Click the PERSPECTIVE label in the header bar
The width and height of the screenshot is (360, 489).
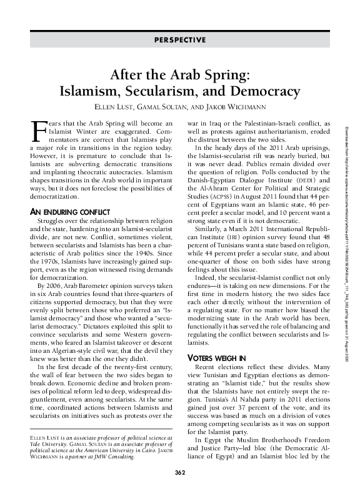tap(179, 40)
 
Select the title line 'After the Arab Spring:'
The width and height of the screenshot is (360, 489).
tap(180, 75)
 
